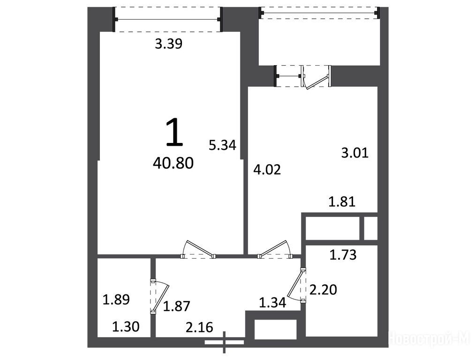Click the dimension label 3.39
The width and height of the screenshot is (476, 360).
point(168,45)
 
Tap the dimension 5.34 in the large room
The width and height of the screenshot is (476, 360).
point(222,145)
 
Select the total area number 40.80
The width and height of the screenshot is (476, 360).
point(173,164)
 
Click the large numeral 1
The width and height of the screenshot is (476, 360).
point(174,132)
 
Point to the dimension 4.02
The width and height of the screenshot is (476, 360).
point(267,170)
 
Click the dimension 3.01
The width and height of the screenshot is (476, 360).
point(355,153)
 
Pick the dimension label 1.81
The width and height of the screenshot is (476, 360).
point(342,202)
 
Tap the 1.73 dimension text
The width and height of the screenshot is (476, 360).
point(343,255)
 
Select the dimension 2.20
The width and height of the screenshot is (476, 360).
point(323,290)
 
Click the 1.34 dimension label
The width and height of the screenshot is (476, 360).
point(272,303)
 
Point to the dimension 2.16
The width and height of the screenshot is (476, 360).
point(199,328)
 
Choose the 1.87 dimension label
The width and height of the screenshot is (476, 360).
point(177,306)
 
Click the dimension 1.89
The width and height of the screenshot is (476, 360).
point(116,300)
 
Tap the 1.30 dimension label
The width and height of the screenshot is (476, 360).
point(126,327)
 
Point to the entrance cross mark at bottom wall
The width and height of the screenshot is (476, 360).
point(224,342)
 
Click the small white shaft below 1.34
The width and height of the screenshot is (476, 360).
point(275,330)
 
